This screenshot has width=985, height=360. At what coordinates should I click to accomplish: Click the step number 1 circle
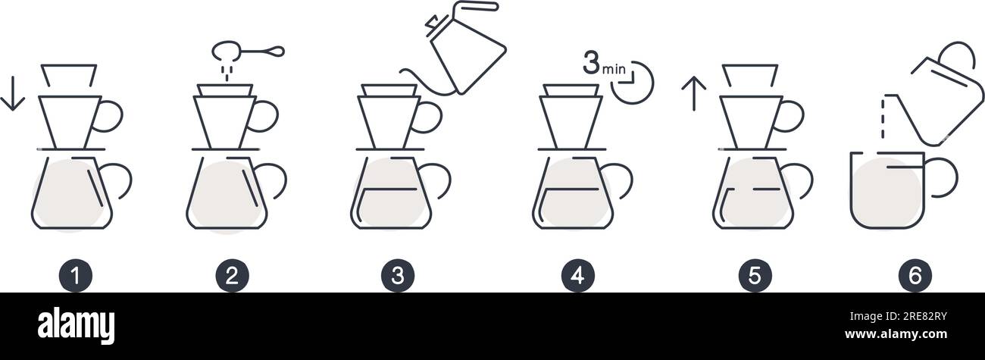(x=76, y=276)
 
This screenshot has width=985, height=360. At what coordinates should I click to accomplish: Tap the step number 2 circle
(x=232, y=276)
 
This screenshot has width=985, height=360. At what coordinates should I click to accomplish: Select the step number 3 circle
(x=398, y=276)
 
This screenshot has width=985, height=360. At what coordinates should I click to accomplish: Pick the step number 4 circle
(x=578, y=276)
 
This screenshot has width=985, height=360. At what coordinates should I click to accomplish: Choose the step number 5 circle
(x=755, y=276)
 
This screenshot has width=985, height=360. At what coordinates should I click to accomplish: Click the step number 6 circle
(x=915, y=276)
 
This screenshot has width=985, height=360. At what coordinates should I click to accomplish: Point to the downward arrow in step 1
(x=13, y=93)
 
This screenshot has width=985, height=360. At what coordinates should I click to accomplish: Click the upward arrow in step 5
(x=694, y=93)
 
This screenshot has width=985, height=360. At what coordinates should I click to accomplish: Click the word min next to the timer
(x=614, y=69)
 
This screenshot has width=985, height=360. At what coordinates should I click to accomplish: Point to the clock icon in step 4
(x=633, y=83)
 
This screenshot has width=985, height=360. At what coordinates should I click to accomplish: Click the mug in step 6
(x=851, y=194)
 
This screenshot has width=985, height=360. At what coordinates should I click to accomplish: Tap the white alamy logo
(x=76, y=326)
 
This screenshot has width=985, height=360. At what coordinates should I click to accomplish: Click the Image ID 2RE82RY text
(x=898, y=316)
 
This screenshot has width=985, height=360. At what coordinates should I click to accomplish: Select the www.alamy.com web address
(x=896, y=334)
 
